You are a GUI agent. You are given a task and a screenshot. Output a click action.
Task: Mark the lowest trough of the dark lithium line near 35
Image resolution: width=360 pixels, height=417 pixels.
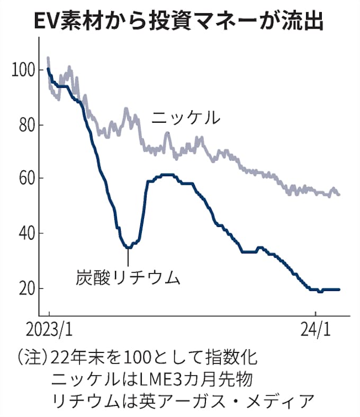[128, 247]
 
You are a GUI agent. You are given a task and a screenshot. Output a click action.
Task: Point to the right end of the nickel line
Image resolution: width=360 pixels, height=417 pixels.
[339, 195]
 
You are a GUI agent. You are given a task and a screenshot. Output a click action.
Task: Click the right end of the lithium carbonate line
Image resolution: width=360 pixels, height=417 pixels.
[339, 289]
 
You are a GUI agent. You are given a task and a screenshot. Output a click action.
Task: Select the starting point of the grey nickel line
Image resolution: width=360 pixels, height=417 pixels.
[48, 58]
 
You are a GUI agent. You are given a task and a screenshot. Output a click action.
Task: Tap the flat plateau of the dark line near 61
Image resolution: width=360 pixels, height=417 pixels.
[166, 175]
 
